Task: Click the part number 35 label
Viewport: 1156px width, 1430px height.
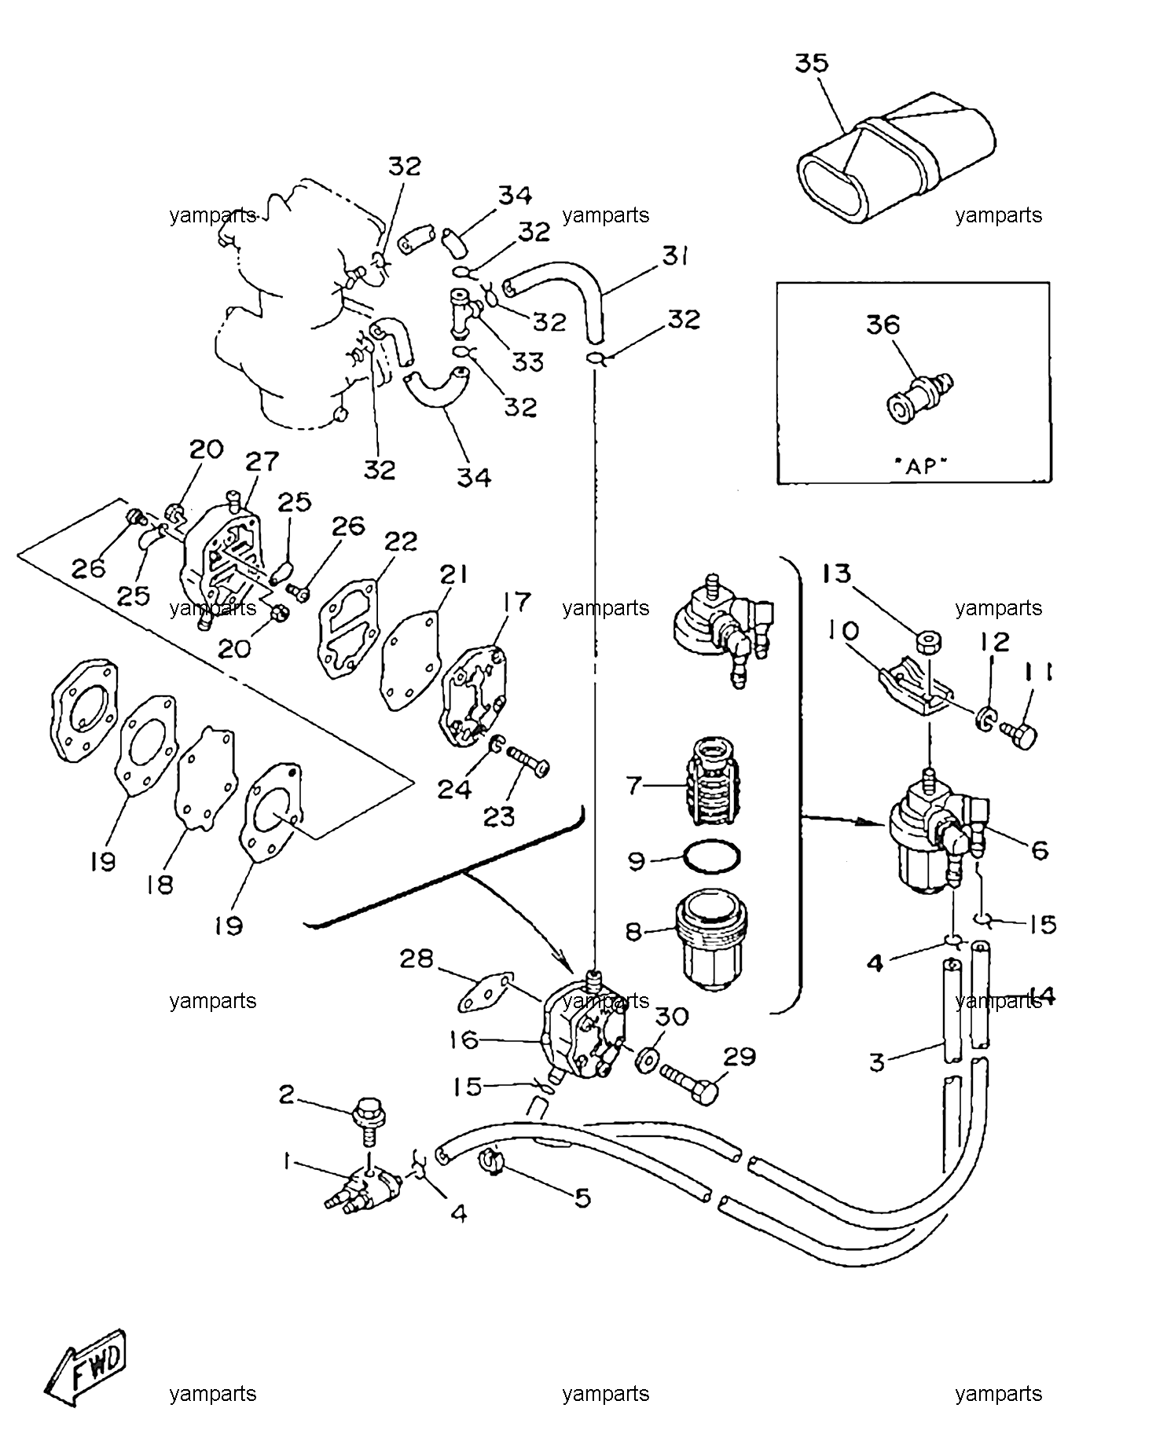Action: [812, 63]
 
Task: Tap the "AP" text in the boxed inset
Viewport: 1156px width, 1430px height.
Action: [921, 465]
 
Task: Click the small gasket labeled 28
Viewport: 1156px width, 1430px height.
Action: [486, 992]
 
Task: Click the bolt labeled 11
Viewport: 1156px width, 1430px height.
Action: [1019, 736]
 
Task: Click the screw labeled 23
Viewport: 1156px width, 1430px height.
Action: [529, 761]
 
